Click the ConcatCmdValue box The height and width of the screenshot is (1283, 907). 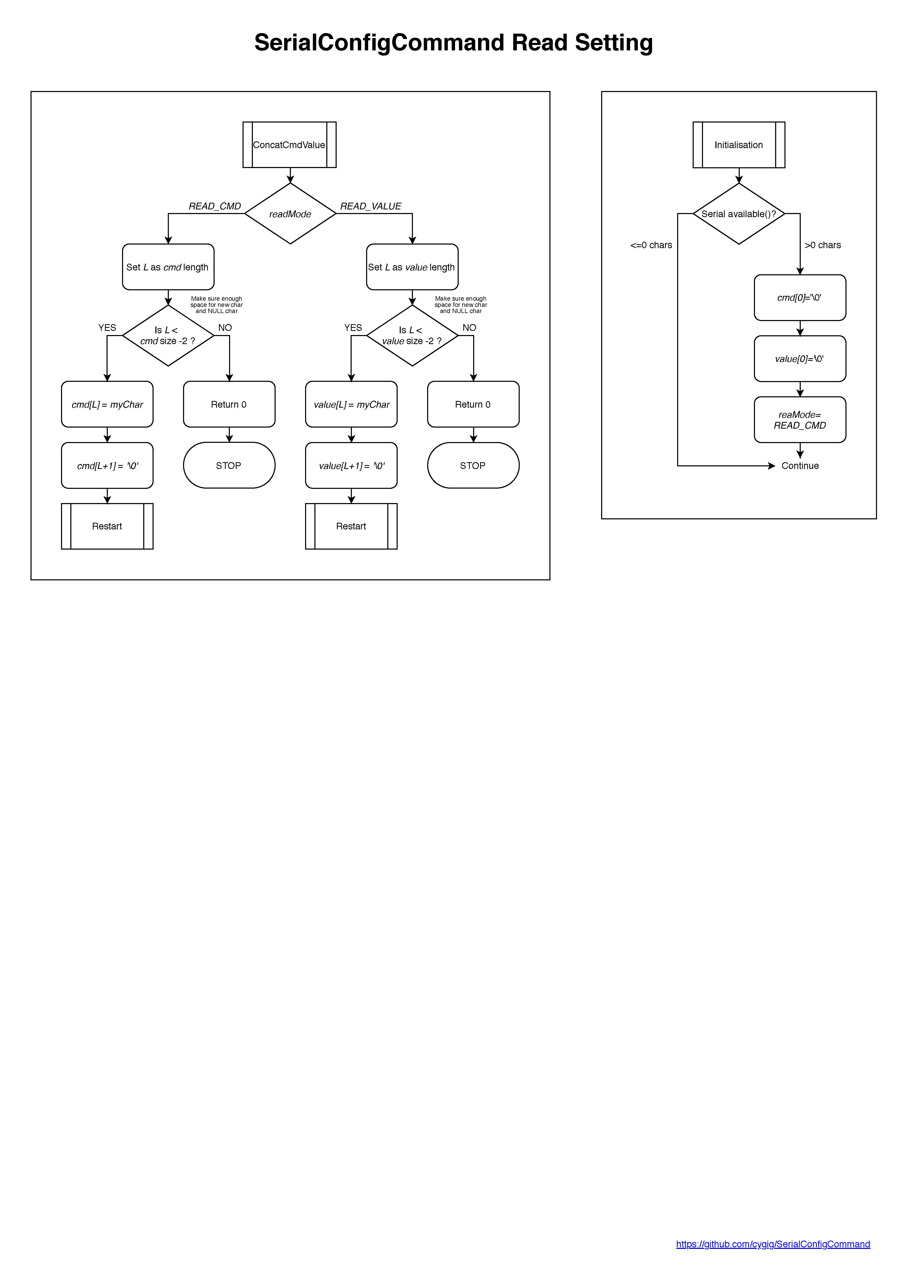(x=290, y=145)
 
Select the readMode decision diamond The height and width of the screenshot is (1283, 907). (x=290, y=214)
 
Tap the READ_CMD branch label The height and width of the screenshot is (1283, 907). (x=215, y=206)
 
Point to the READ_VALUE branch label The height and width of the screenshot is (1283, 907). (x=371, y=206)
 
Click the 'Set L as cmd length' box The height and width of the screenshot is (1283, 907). (x=168, y=267)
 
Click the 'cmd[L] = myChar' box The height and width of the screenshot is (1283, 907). (x=107, y=405)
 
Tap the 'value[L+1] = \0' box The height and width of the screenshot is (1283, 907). (x=352, y=466)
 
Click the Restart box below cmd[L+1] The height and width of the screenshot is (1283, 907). (x=107, y=526)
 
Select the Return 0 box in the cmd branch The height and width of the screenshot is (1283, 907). (x=229, y=405)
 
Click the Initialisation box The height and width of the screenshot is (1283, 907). (x=739, y=145)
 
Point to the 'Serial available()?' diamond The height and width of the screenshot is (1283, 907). (x=739, y=214)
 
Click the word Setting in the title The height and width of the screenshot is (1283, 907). (x=614, y=43)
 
